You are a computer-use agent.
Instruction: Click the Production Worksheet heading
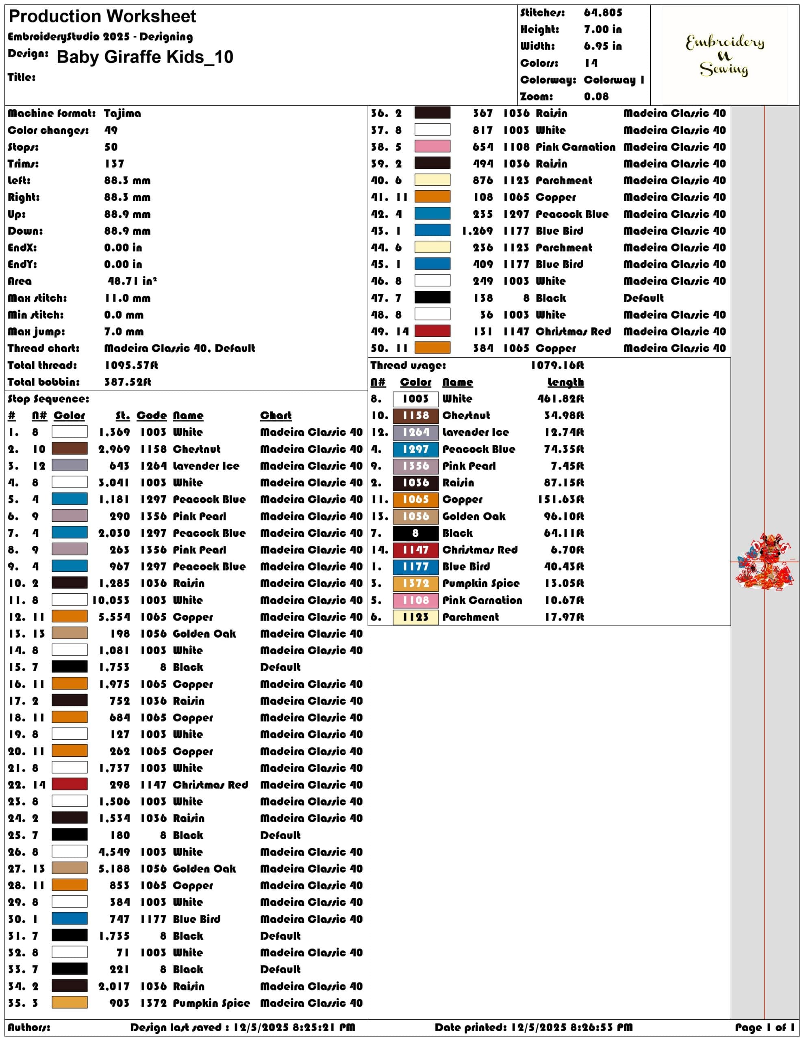102,17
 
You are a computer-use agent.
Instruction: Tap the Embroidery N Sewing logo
724,55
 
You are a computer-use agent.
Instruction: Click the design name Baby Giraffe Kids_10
145,57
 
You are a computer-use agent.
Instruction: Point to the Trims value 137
114,164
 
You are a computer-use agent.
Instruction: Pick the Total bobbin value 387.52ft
128,382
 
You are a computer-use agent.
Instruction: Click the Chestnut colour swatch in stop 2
70,449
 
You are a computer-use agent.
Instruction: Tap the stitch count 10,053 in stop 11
111,600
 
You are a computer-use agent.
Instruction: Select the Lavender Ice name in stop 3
206,466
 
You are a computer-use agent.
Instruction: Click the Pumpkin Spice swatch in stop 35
70,1002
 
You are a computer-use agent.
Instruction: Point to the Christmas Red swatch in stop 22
70,784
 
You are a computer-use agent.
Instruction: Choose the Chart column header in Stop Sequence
276,416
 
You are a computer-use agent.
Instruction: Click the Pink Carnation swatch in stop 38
432,146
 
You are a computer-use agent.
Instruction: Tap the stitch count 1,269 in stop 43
477,231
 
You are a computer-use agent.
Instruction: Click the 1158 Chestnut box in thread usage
415,415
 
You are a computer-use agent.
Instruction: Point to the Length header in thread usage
566,382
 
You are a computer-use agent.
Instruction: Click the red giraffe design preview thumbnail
765,561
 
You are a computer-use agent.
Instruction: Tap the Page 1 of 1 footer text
765,1027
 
